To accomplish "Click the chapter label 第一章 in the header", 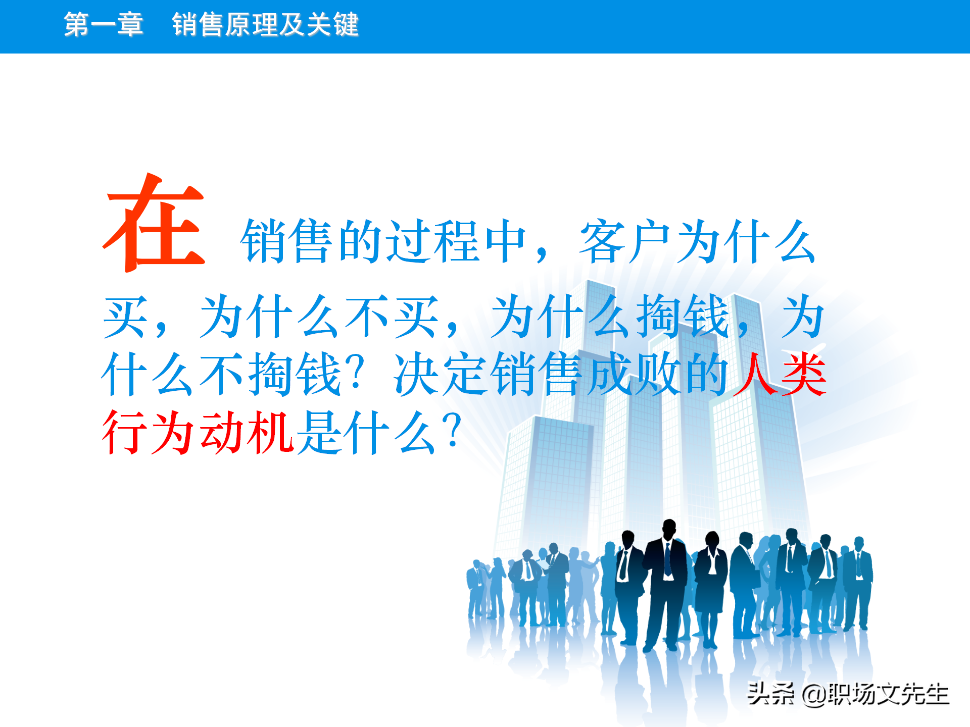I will coord(104,24).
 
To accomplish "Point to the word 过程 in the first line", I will coord(432,241).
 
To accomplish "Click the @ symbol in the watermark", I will coord(813,695).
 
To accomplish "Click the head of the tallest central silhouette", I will coord(669,529).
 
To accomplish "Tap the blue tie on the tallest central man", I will coord(668,560).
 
